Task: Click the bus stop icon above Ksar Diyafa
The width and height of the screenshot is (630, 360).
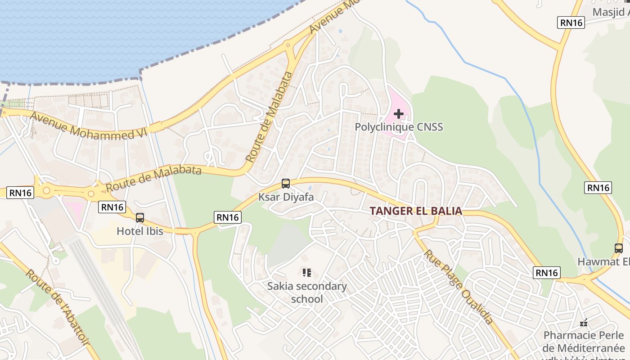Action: pos(286,184)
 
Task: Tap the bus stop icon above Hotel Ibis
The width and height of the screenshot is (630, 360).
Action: pos(140,218)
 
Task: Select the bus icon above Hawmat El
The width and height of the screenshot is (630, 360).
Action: pos(619,248)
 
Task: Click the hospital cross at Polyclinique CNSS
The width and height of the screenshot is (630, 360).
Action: pos(399,114)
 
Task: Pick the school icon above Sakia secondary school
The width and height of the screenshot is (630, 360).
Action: pos(307,272)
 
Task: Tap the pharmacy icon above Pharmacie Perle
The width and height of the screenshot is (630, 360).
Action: pos(584,323)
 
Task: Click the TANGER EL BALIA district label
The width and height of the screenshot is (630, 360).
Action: pos(416,211)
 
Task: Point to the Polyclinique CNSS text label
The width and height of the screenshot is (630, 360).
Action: pos(399,127)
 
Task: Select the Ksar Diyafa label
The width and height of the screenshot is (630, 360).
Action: pos(286,197)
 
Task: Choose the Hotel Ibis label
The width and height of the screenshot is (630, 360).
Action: pos(139,231)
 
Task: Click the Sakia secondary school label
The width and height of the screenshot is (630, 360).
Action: pos(307,292)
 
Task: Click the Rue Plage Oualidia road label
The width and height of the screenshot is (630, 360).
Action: pos(458,287)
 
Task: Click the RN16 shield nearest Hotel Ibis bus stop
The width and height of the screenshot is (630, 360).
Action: pos(112,207)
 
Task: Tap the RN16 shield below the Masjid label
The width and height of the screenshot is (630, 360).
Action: pos(571,22)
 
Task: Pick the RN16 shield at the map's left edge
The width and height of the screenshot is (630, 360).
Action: pos(21,193)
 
